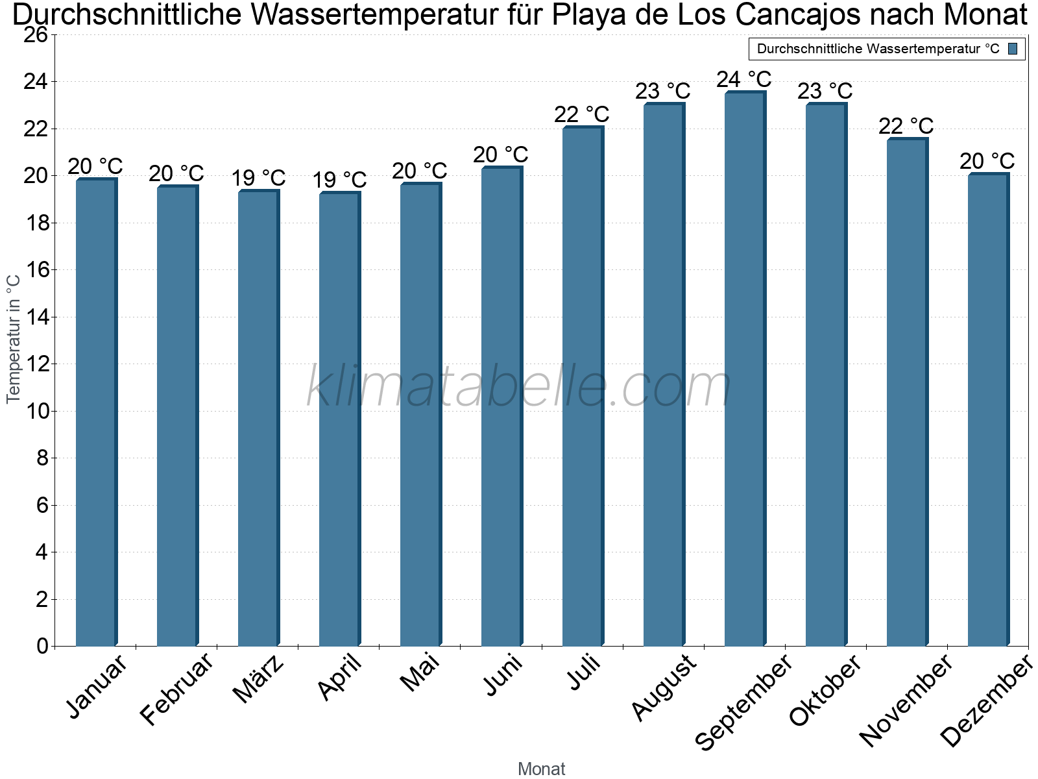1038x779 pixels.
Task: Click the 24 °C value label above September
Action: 744,80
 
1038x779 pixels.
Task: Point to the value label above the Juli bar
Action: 582,115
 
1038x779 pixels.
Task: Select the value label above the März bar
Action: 258,178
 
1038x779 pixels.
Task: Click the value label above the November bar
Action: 906,126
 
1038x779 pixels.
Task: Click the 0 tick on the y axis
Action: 42,646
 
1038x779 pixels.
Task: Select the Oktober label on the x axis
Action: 825,689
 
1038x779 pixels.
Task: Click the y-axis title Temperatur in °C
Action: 14,338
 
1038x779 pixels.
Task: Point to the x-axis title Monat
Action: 542,769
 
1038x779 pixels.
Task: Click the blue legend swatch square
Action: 1013,49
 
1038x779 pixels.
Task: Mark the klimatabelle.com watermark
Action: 518,388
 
